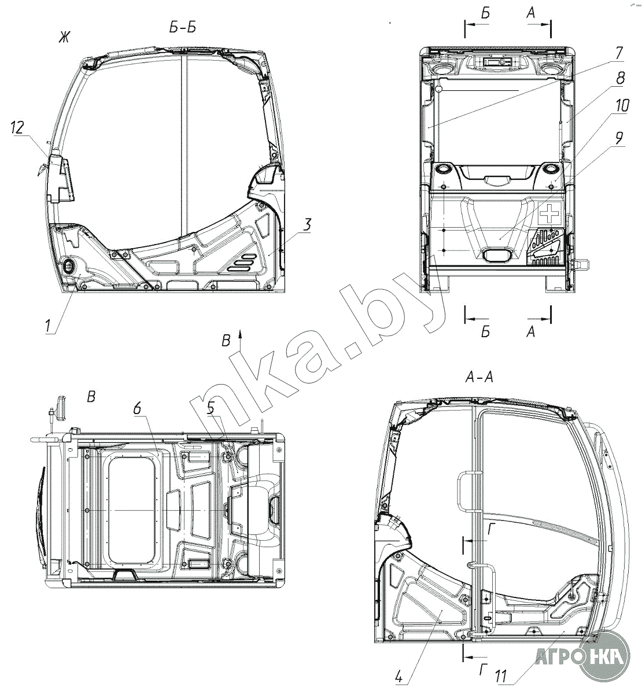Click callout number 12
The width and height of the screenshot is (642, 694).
pyautogui.click(x=17, y=128)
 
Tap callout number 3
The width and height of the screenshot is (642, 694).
pyautogui.click(x=307, y=224)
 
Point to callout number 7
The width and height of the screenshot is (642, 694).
pyautogui.click(x=619, y=53)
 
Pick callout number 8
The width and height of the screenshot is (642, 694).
pyautogui.click(x=620, y=78)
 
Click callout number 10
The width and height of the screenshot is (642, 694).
pyautogui.click(x=622, y=105)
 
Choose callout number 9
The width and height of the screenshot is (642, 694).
pyautogui.click(x=619, y=138)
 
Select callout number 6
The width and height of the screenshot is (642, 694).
pyautogui.click(x=137, y=408)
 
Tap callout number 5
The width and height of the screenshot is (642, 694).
pyautogui.click(x=211, y=408)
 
